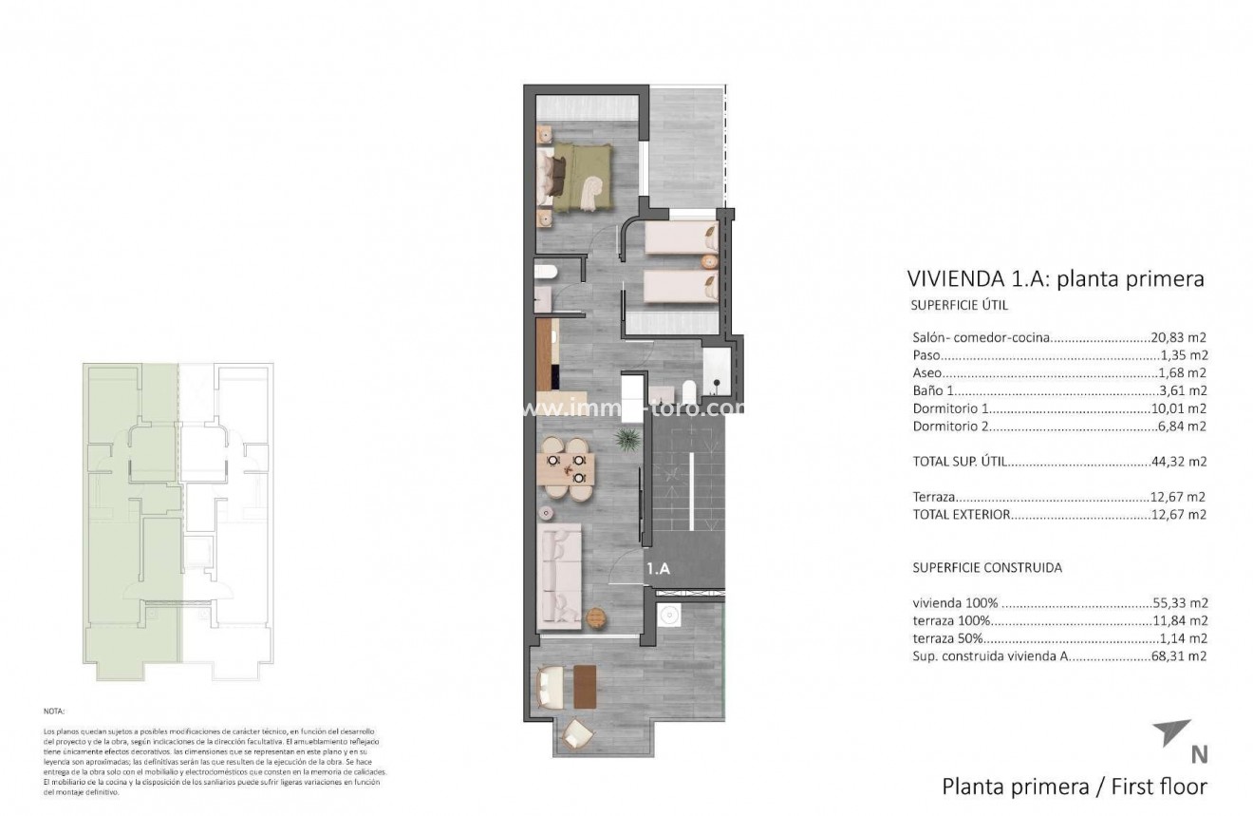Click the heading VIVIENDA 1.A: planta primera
[x=1056, y=278]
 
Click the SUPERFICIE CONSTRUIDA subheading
[x=987, y=567]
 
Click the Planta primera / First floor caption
[x=1075, y=787]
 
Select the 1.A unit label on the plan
[x=659, y=569]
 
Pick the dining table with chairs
[x=566, y=467]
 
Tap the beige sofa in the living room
[x=559, y=579]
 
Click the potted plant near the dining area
[x=626, y=438]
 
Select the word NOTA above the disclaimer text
[x=54, y=711]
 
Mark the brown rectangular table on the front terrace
[x=584, y=686]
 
